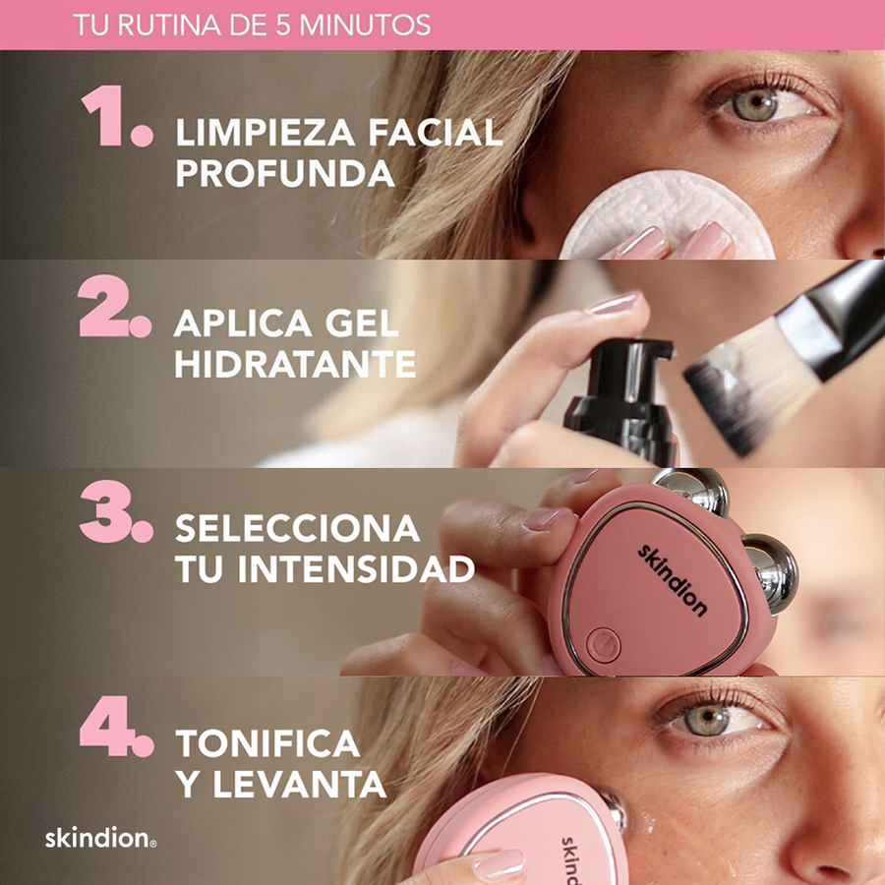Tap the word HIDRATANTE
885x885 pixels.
point(295,365)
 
